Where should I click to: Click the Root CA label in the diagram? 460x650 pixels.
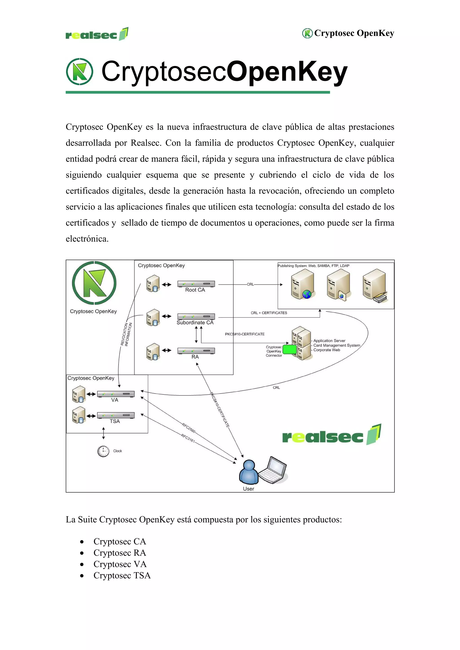[195, 290]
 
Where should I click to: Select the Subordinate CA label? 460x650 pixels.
[195, 322]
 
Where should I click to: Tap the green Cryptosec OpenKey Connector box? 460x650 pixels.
[289, 349]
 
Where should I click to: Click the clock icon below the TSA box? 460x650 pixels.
[103, 451]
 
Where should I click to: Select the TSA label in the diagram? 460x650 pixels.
[115, 421]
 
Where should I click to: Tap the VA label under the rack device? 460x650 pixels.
[115, 400]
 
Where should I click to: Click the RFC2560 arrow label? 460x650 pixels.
[188, 428]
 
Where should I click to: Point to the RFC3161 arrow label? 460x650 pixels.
[188, 438]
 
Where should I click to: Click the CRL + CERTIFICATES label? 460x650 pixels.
[269, 313]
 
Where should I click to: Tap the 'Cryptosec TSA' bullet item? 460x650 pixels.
[122, 575]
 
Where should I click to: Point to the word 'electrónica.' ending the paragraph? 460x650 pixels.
[87, 239]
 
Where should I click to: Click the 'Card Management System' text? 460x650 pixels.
[337, 345]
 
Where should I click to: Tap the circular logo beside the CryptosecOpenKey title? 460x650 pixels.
[80, 72]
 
